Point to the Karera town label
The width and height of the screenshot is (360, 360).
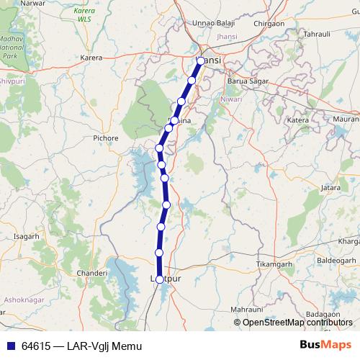tap(91, 56)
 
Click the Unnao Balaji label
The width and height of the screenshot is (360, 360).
tap(212, 23)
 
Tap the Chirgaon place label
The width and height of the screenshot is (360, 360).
tap(269, 23)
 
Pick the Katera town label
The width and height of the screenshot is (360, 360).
tap(297, 120)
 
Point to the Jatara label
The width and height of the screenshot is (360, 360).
tap(330, 187)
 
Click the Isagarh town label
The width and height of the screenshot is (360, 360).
tap(26, 236)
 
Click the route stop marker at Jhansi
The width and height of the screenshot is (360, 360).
tap(200, 60)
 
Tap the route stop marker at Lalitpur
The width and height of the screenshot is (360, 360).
tap(159, 279)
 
